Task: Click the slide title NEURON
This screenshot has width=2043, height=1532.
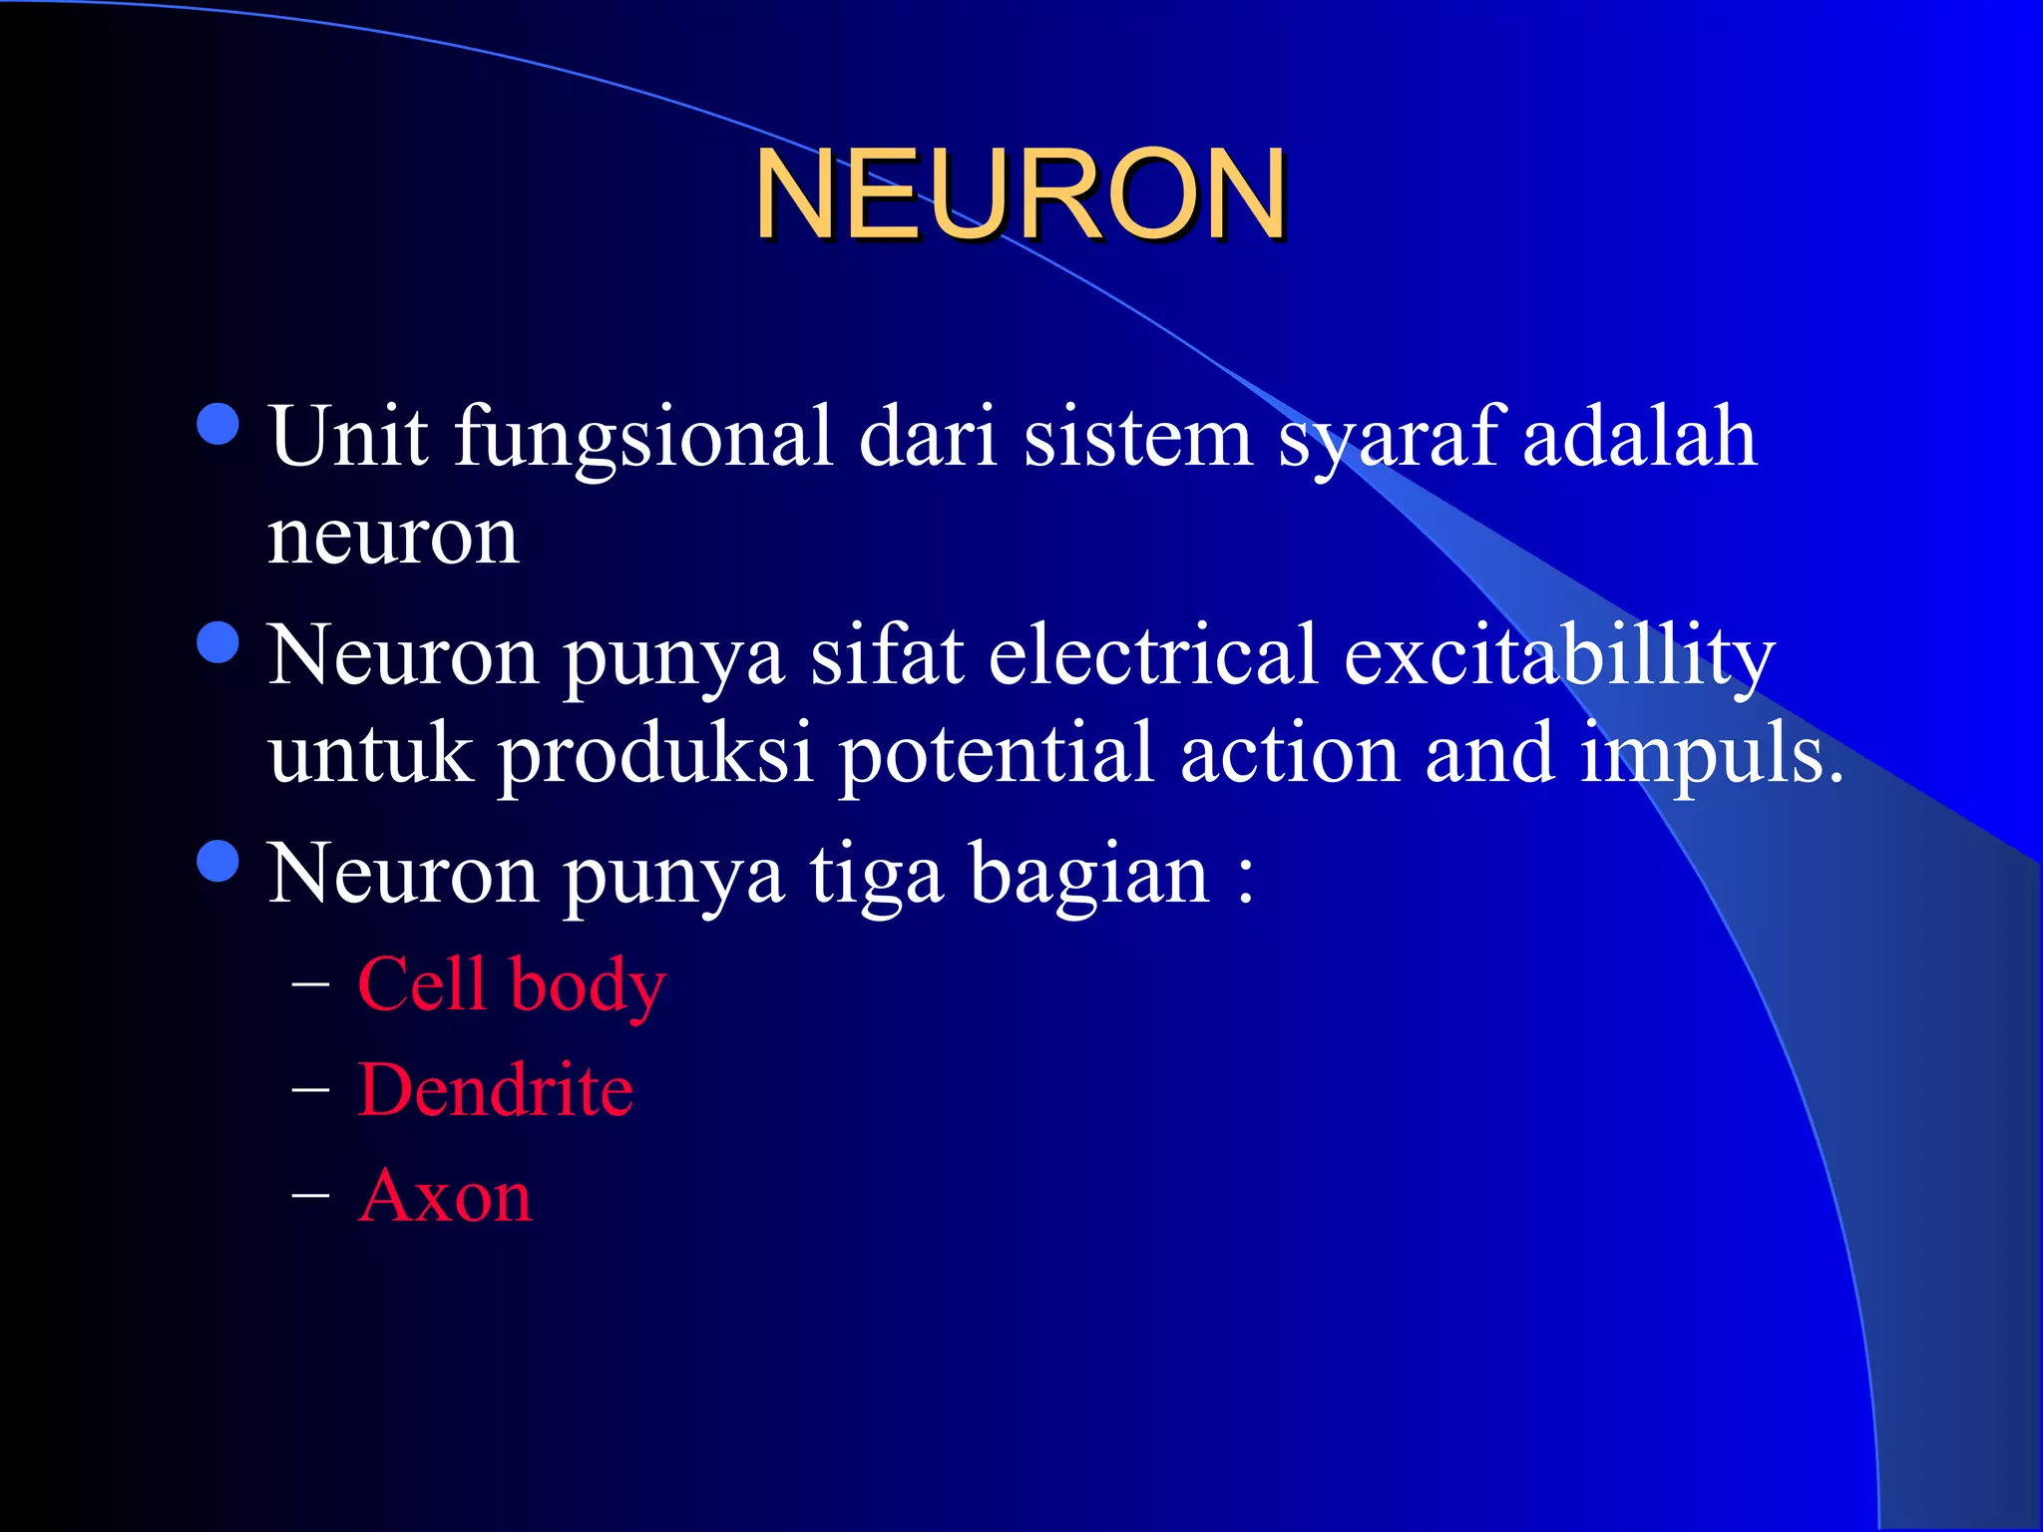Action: (x=1020, y=194)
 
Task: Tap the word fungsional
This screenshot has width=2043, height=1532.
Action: (x=643, y=439)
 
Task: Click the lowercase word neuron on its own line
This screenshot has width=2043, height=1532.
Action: (x=393, y=537)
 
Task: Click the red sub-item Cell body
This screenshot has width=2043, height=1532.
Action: (x=511, y=984)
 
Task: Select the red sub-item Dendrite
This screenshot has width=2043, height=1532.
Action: (x=495, y=1089)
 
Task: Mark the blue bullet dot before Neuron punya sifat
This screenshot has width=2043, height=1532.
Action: (x=218, y=642)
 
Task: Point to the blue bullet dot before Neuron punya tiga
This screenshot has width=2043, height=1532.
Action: (x=218, y=862)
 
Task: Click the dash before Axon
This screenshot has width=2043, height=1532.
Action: (x=310, y=1193)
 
